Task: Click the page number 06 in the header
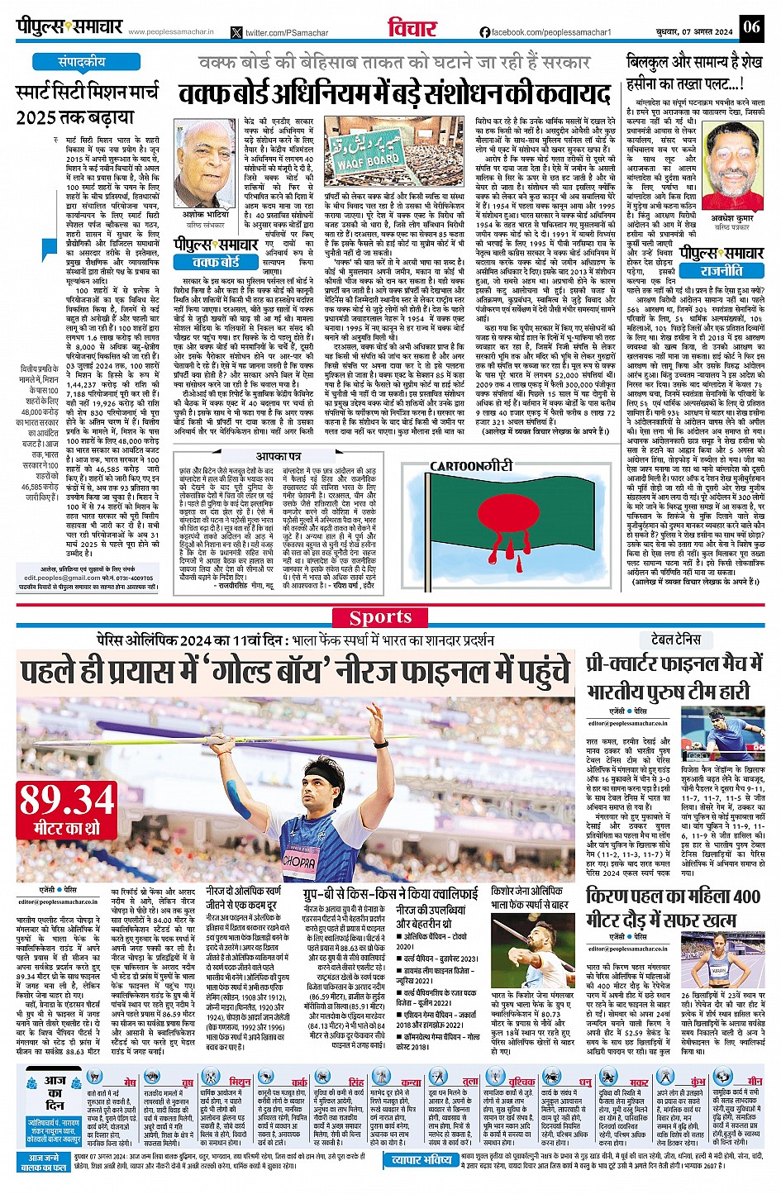coord(750,27)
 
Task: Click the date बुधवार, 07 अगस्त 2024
coord(689,31)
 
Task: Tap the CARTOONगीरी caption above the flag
coord(471,466)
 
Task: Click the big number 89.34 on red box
coord(68,800)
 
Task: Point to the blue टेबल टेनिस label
coord(676,640)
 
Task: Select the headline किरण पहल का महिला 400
coord(673,897)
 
